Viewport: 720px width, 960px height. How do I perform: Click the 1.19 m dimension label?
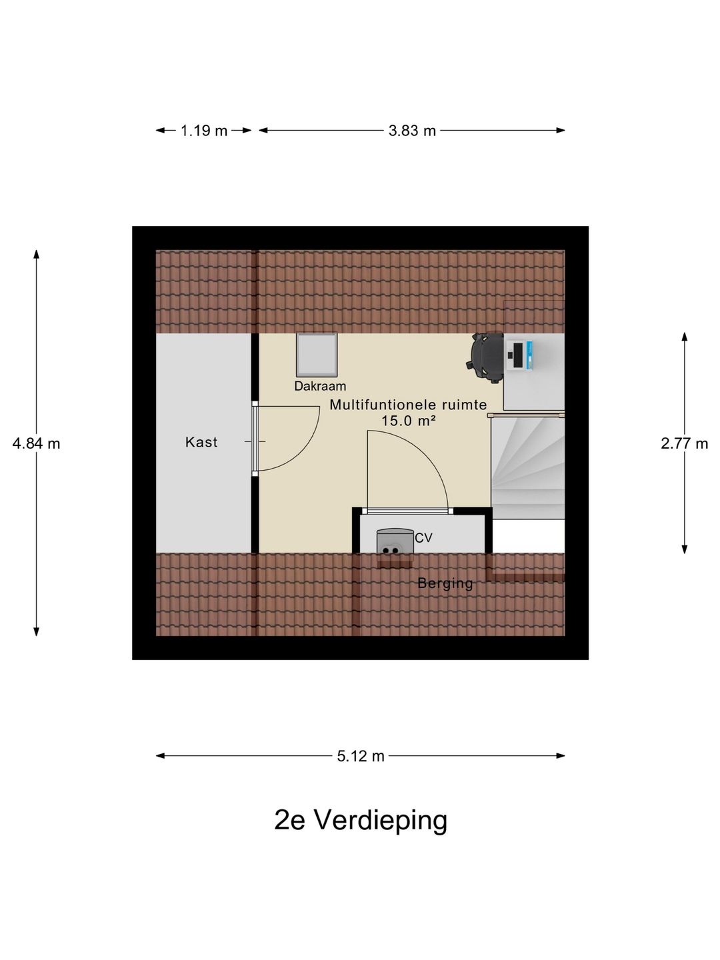[204, 131]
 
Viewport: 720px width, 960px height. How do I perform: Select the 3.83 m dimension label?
[412, 131]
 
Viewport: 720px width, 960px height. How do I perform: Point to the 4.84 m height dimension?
[36, 443]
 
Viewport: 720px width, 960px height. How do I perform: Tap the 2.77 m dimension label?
[684, 443]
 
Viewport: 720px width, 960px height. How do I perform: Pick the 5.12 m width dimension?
[361, 756]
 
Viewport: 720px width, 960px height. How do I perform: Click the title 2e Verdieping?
[361, 820]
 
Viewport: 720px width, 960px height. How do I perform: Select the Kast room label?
[201, 442]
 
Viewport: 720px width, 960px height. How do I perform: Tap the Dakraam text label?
[320, 386]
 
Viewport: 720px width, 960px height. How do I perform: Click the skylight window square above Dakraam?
[317, 355]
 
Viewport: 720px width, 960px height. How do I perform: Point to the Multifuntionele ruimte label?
[408, 405]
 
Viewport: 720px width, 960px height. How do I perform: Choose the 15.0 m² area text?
[408, 421]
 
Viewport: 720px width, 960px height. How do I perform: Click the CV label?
[423, 537]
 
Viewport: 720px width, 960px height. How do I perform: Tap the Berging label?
[445, 583]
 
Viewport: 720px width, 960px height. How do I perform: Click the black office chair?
[487, 357]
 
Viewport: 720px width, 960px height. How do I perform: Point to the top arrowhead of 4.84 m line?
[36, 253]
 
